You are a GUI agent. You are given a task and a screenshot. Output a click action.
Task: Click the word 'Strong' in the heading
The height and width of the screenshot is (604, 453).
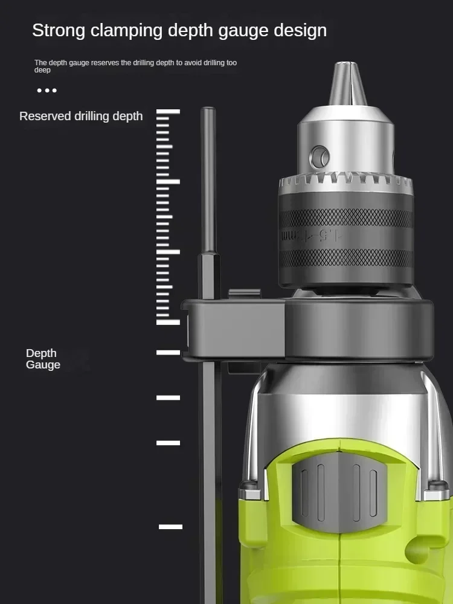point(59,31)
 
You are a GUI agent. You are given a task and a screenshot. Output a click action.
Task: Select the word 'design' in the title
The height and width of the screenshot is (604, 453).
point(300,31)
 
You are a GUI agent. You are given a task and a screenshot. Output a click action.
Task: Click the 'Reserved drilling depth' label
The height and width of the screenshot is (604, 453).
point(81,117)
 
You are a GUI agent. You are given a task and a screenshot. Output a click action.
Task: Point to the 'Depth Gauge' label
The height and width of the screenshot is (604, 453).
point(43,359)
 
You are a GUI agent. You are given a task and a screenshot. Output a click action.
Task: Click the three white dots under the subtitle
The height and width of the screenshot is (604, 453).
point(47,91)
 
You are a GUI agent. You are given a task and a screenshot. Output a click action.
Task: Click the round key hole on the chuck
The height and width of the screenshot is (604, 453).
point(320,157)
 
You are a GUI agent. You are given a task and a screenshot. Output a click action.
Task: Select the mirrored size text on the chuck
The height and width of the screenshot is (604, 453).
point(311,235)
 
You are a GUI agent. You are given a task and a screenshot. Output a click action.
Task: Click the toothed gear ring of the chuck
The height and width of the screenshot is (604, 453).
point(346,182)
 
